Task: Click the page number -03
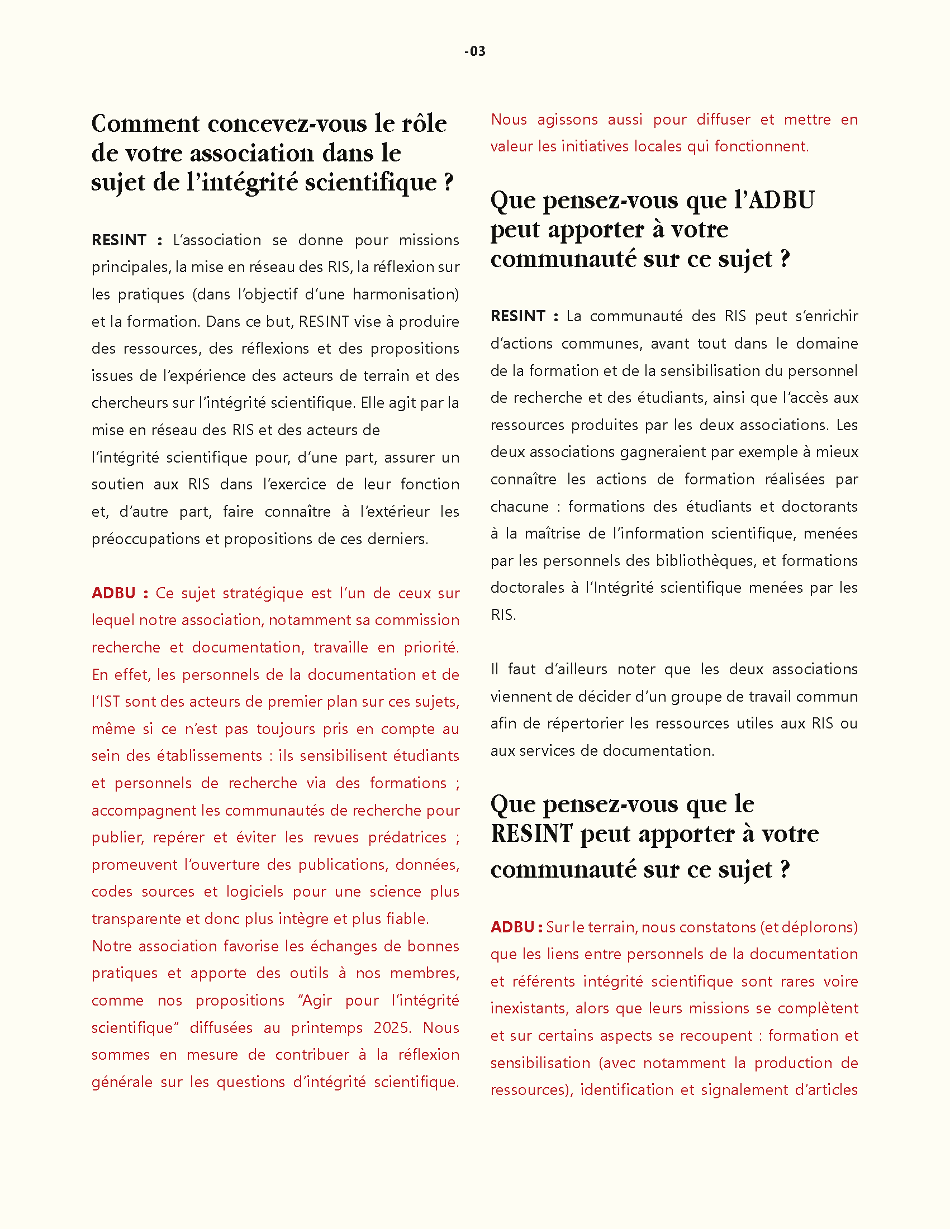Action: [475, 51]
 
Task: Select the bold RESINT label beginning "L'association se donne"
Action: [120, 240]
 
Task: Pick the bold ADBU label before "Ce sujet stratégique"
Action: [113, 593]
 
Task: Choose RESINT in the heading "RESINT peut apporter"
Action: [531, 833]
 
